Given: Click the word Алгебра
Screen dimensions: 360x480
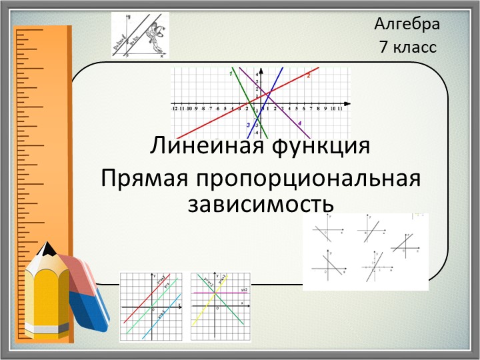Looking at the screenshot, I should pyautogui.click(x=407, y=25).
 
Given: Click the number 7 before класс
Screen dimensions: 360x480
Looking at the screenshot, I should pyautogui.click(x=383, y=47).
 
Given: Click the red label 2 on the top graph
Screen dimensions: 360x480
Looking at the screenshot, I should pyautogui.click(x=309, y=76).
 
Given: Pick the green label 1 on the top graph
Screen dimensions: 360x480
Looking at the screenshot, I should pyautogui.click(x=231, y=74).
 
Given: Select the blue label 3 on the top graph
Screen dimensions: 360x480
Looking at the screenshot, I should pyautogui.click(x=247, y=125).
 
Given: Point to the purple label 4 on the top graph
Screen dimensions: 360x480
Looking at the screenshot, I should pyautogui.click(x=299, y=123).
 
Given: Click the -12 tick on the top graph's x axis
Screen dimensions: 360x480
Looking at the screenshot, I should pyautogui.click(x=174, y=107).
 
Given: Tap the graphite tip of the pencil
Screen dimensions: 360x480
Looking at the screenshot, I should pyautogui.click(x=47, y=248).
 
